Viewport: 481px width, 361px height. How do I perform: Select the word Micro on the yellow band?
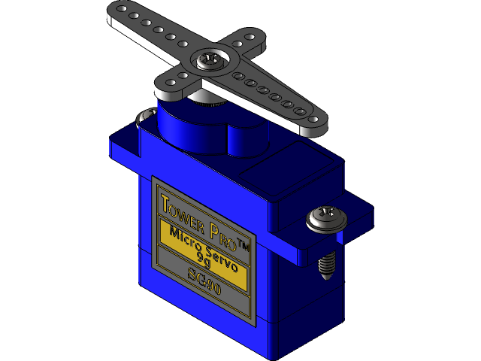tap(184, 233)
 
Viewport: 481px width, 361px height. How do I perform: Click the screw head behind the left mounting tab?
tap(143, 116)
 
